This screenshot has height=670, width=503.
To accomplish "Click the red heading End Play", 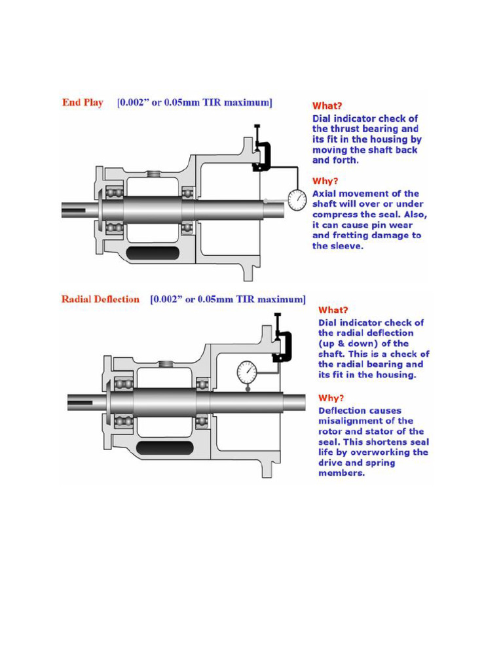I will click(x=83, y=103).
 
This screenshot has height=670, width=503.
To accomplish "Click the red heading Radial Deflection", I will click(x=100, y=299).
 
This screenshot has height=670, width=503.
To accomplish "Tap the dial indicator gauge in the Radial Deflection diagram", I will click(x=247, y=372).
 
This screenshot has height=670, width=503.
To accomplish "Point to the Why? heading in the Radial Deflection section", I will click(x=331, y=398).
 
